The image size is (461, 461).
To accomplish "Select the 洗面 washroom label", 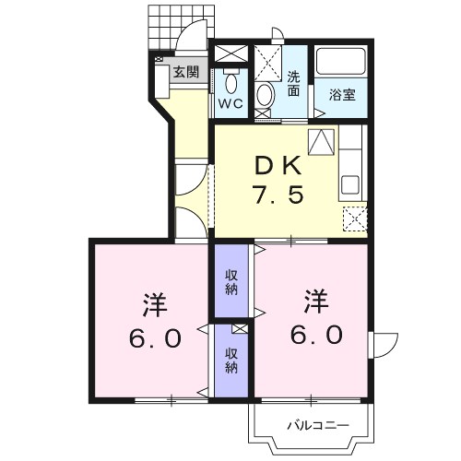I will tap(293, 84).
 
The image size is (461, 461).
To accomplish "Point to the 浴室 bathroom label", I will tap(342, 94).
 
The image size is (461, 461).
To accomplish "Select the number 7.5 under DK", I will tap(275, 197).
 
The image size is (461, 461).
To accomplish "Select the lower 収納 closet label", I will tap(230, 361).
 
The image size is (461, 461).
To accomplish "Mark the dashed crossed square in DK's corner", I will tap(353, 217).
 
